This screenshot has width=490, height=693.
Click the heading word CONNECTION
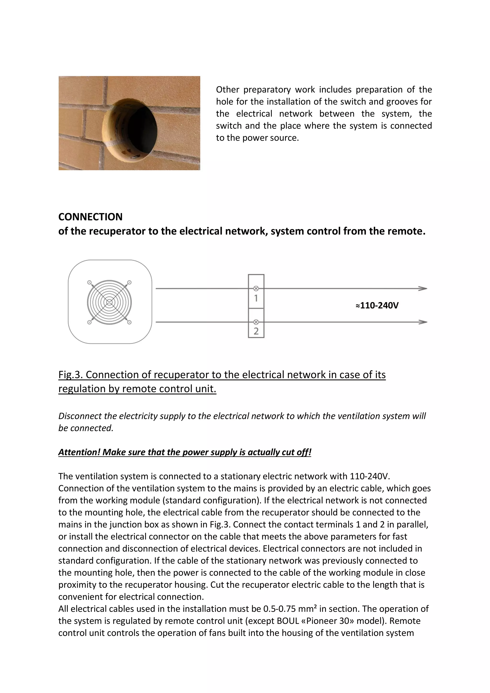[90, 217]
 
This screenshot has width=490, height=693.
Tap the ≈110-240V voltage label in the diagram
[377, 305]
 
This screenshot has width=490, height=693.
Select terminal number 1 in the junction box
[256, 298]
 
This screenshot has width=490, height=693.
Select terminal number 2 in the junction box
[256, 331]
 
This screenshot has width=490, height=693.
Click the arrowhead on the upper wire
[423, 289]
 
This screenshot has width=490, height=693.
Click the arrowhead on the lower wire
[423, 322]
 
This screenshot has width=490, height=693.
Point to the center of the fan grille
[109, 302]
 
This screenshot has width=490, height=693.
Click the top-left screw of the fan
[89, 282]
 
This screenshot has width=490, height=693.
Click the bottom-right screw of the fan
[129, 322]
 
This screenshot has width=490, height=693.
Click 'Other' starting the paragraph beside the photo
[227, 90]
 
